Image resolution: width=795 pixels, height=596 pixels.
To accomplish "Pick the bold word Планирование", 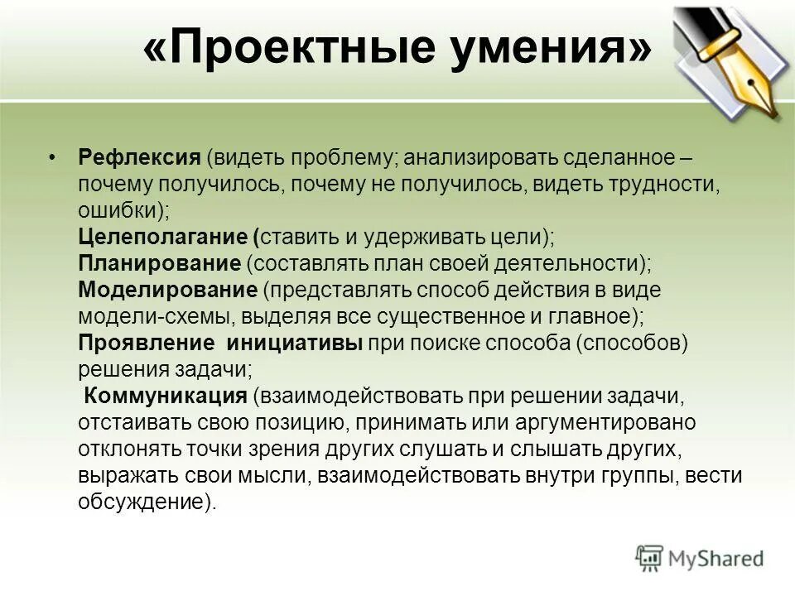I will [x=158, y=263].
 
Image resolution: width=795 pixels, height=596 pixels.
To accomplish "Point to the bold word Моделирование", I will [x=168, y=290].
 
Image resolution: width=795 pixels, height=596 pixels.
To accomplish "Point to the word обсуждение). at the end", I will [x=147, y=502].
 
